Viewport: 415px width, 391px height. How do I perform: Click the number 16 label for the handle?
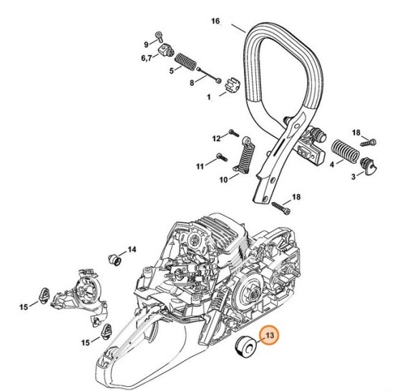click(x=215, y=22)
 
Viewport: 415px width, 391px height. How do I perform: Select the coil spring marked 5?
click(x=186, y=60)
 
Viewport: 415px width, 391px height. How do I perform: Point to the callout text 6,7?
click(x=146, y=56)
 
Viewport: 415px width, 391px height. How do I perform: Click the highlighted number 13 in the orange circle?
click(x=269, y=335)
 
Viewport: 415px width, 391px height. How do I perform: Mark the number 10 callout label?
click(x=224, y=178)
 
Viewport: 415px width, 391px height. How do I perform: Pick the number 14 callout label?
click(x=131, y=250)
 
